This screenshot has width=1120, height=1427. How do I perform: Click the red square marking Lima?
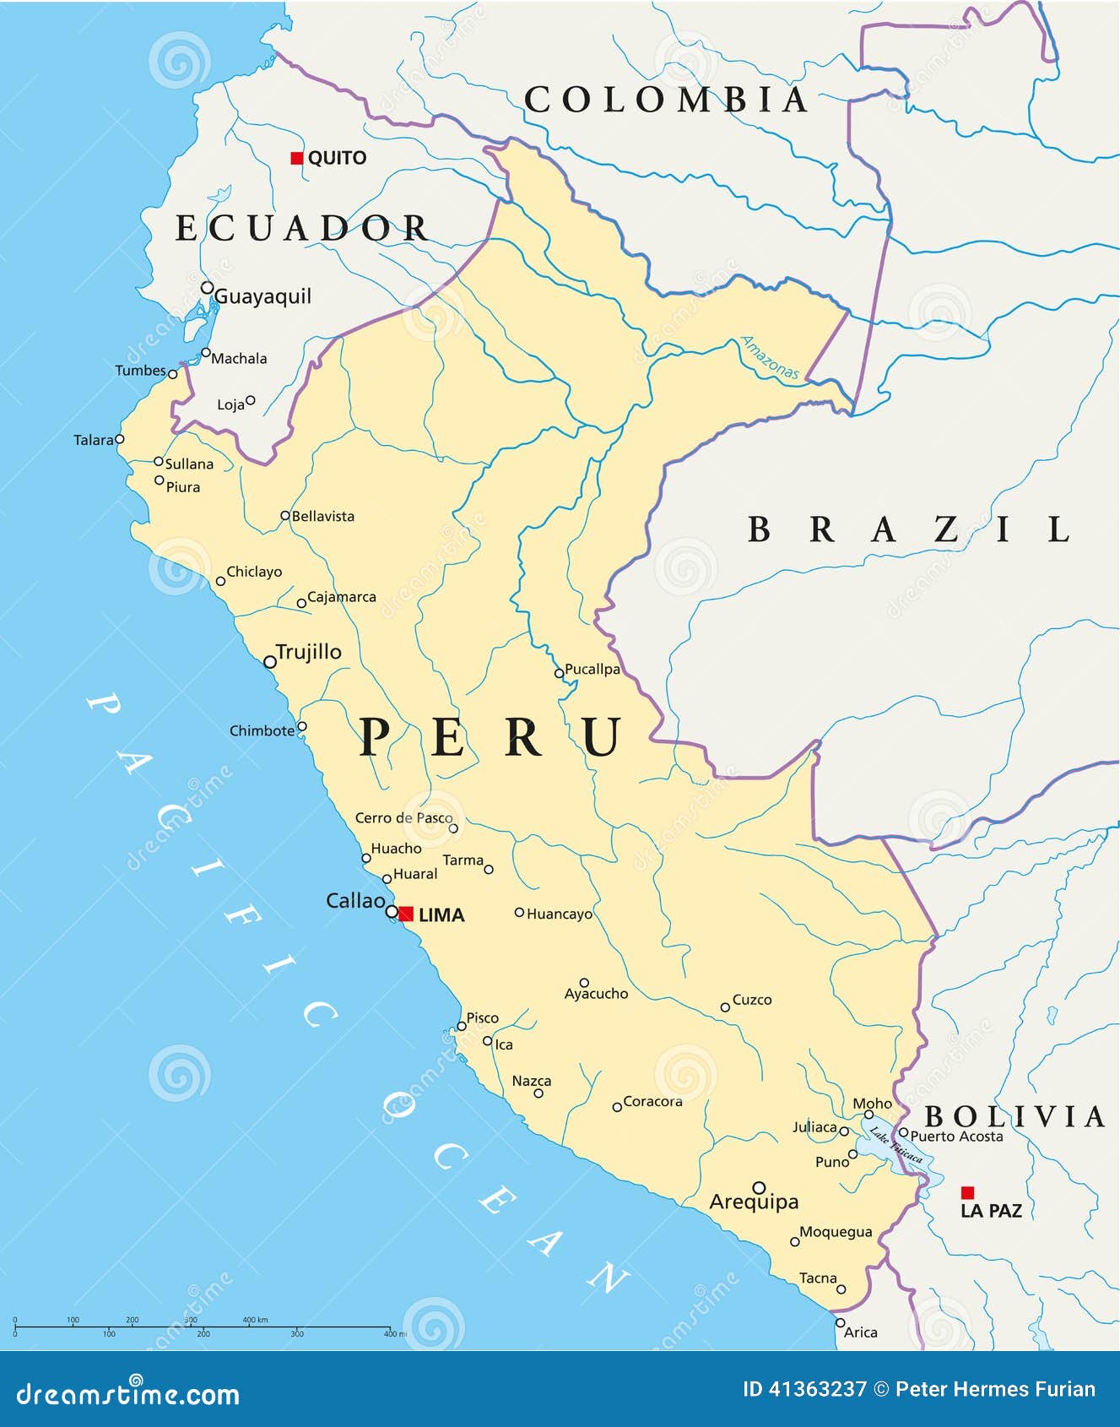coord(406,914)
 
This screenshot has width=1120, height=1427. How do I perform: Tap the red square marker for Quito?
coord(296,158)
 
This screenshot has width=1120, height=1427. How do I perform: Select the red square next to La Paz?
coord(967,1192)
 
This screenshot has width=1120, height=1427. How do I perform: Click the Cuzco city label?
coord(751,1000)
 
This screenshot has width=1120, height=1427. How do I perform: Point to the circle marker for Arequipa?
coord(759,1187)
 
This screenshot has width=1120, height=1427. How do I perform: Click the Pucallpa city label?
coord(592,669)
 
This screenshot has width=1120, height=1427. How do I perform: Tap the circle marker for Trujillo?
coord(270,662)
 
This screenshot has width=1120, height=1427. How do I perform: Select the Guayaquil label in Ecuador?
coord(262,296)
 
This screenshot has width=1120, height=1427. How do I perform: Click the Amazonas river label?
coord(770,357)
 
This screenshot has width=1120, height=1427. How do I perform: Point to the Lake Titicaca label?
coord(896,1144)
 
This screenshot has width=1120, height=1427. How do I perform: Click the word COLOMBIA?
coord(666,100)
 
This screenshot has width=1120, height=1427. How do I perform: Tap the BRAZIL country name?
coord(909,529)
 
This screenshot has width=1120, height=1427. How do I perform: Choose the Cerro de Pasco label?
coord(403,817)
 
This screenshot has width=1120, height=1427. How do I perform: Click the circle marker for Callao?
coord(392,912)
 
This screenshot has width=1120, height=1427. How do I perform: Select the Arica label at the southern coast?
coord(860,1332)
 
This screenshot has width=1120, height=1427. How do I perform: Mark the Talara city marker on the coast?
coord(119,439)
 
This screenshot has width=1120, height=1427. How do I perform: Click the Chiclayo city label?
coord(254,572)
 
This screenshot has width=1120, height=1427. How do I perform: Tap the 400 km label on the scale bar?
coord(255,1319)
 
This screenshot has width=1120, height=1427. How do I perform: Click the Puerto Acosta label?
coord(956,1137)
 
